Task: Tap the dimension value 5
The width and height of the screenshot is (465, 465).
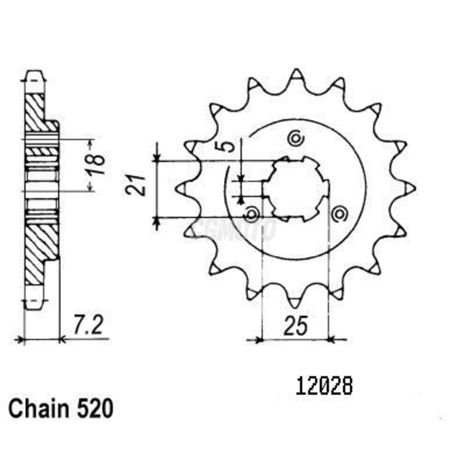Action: click(228, 145)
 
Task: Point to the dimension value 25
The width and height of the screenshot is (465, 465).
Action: click(295, 326)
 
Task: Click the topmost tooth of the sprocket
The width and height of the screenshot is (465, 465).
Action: click(296, 74)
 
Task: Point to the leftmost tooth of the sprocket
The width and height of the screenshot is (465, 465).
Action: click(180, 188)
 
